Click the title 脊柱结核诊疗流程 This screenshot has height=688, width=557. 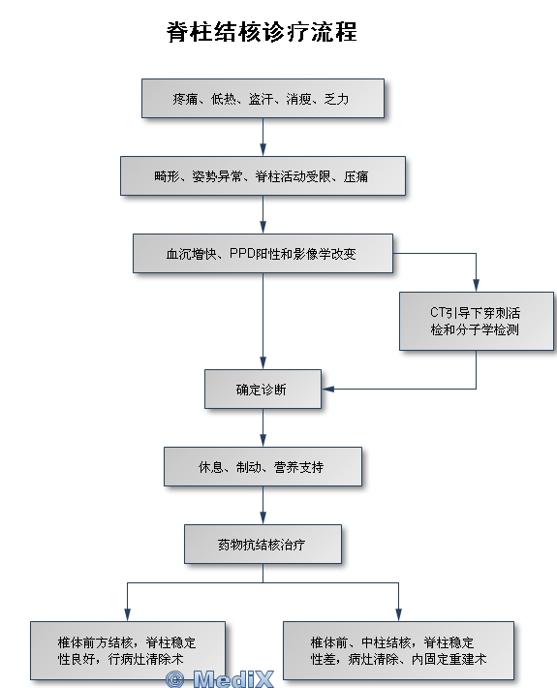coord(262,32)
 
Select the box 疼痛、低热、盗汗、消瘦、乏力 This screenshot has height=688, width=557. coord(263,98)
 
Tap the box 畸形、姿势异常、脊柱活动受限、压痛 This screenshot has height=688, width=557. coord(263,176)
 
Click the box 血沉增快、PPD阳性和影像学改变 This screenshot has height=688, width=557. coord(263,254)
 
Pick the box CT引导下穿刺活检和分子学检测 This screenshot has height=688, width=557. coord(477,321)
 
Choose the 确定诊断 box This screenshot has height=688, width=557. coord(263,390)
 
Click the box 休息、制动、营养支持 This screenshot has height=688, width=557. coord(263,466)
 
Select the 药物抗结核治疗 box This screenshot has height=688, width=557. coord(263,544)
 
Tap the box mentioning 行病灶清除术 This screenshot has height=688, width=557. coord(128,651)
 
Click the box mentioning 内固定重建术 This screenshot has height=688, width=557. coord(398,651)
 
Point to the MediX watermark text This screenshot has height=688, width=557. coord(233,679)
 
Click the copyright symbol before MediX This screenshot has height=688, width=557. coord(175,679)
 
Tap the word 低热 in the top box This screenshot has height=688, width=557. coord(223,99)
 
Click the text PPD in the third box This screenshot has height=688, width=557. coord(243,254)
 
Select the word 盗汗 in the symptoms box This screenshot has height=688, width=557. coord(261,99)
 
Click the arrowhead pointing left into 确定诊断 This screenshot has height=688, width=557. coord(328,389)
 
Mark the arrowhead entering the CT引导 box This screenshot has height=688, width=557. coord(476,285)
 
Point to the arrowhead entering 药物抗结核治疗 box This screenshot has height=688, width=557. coord(263,517)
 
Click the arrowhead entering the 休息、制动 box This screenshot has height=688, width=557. coord(263,440)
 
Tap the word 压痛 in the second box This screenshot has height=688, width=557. coord(356,176)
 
